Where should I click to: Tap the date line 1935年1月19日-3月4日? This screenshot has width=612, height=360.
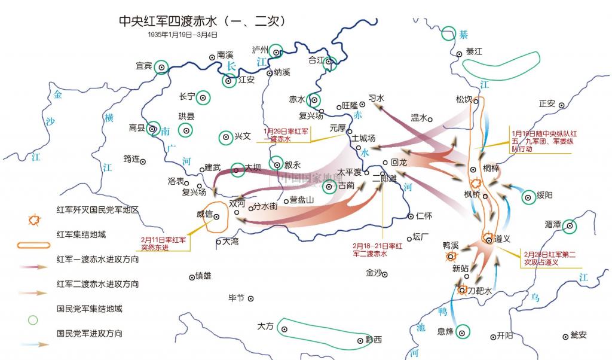[183, 35]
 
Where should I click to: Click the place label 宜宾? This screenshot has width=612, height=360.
[143, 65]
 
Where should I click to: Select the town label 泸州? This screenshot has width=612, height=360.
[260, 49]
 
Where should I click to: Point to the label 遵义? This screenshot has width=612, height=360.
[502, 239]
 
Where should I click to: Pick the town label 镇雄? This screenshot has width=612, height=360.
[204, 276]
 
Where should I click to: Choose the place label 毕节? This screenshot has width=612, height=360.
[237, 298]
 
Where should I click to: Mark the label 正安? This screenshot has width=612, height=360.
[547, 103]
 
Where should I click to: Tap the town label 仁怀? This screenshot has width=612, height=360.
[423, 215]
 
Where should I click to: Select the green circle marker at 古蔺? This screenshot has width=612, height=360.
[328, 187]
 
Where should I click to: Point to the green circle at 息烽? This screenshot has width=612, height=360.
[463, 332]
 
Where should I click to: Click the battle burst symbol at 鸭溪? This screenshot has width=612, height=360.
[449, 257]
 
